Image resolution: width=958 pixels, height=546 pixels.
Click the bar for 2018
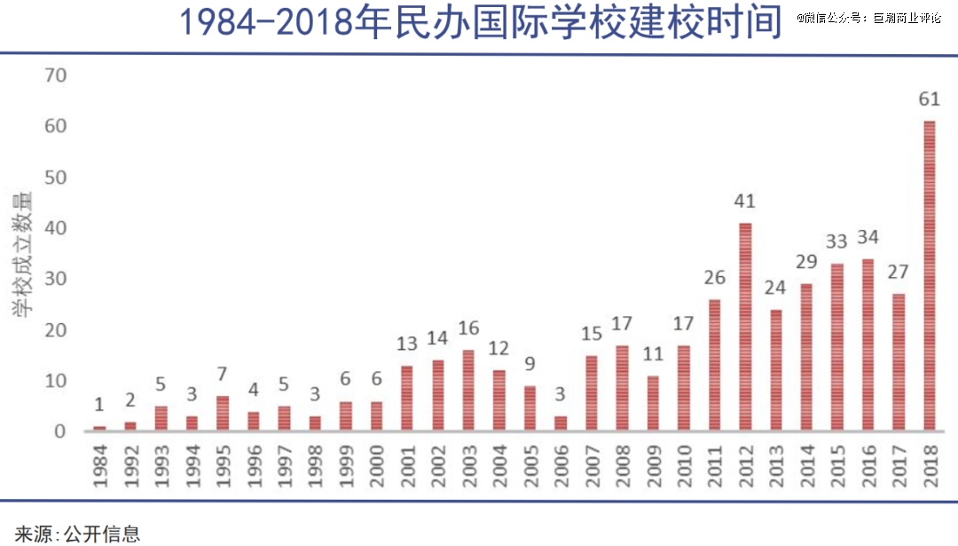tap(930, 275)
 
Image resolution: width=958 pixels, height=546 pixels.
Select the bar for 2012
tap(745, 327)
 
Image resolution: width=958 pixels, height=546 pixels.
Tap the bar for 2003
tap(468, 391)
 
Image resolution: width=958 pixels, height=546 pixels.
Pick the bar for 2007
tap(592, 393)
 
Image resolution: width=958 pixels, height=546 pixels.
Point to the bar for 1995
tap(222, 414)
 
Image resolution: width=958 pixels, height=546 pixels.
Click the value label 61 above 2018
tap(929, 98)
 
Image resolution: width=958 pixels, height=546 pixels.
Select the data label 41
tap(745, 201)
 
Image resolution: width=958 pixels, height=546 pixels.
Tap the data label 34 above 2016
tap(868, 238)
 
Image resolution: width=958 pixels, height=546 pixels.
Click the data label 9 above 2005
tap(530, 364)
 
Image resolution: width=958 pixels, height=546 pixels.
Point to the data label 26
tap(714, 277)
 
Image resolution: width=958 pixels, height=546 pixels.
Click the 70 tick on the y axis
tap(56, 75)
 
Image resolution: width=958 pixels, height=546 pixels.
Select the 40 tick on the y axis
tap(56, 228)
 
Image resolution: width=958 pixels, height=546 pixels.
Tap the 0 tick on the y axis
tap(61, 431)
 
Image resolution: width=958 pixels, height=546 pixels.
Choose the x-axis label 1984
tap(99, 464)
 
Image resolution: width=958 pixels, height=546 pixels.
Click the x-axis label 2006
tap(561, 464)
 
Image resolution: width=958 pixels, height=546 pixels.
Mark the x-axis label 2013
tap(776, 464)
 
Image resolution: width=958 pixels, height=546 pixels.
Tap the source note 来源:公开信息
tap(77, 534)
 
